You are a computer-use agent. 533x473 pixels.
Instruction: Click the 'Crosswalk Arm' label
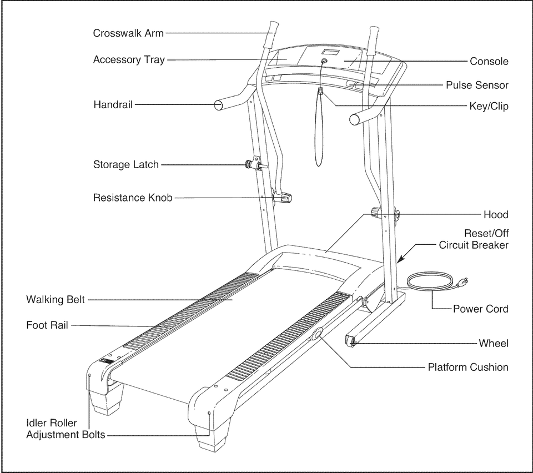128,33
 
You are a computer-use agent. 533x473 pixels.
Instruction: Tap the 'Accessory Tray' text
129,59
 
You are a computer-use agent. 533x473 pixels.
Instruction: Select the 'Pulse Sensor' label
477,85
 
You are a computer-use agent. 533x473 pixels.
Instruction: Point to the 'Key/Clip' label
489,105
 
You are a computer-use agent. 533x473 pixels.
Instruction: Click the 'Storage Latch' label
126,164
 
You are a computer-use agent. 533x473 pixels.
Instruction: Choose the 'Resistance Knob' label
133,197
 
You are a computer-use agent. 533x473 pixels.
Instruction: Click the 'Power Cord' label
480,309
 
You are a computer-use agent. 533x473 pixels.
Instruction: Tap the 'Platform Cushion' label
467,367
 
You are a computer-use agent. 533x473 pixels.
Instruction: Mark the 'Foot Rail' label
47,325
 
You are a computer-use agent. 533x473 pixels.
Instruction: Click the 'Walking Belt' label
56,300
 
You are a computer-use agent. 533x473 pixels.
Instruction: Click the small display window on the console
331,53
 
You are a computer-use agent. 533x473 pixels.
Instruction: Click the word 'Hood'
495,214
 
